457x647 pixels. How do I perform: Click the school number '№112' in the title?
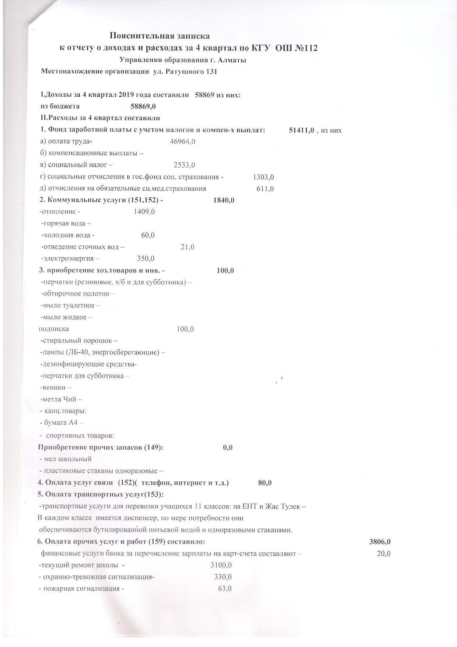click(306, 48)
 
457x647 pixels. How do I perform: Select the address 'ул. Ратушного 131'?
click(185, 72)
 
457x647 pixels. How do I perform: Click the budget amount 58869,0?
click(143, 107)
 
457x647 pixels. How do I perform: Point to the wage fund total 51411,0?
click(301, 130)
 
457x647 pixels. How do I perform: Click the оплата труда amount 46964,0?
click(182, 142)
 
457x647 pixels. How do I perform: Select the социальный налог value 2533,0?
click(184, 165)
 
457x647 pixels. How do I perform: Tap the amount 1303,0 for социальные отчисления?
click(263, 177)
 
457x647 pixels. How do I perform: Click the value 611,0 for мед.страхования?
click(265, 189)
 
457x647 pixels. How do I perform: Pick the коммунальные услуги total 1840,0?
click(224, 200)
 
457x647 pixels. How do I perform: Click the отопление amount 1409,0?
click(144, 212)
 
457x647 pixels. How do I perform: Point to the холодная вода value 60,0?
click(148, 235)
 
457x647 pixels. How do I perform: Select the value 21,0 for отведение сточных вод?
click(187, 247)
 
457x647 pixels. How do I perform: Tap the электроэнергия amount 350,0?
click(146, 259)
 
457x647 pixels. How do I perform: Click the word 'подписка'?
click(54, 329)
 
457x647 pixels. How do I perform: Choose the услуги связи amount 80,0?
click(265, 483)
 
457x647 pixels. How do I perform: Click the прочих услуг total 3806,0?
click(380, 542)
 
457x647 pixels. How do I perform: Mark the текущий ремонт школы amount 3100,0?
click(221, 565)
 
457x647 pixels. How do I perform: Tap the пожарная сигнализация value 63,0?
click(225, 589)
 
